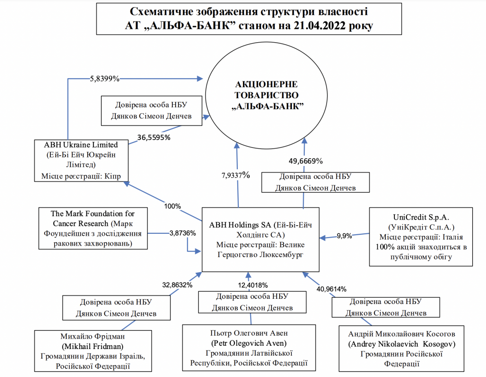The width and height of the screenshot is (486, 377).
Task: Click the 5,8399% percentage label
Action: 104,78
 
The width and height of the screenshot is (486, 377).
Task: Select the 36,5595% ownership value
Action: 154,137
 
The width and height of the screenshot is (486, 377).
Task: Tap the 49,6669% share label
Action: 306,160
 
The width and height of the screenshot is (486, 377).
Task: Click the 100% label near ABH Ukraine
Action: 172,206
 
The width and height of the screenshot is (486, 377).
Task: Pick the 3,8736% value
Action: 183,233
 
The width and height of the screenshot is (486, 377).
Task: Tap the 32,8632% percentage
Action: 177,285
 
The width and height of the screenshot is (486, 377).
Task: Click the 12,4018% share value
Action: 252,285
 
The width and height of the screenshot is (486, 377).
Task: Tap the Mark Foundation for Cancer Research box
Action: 93,227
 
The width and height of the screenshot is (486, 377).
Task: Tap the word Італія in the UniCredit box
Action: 450,236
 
